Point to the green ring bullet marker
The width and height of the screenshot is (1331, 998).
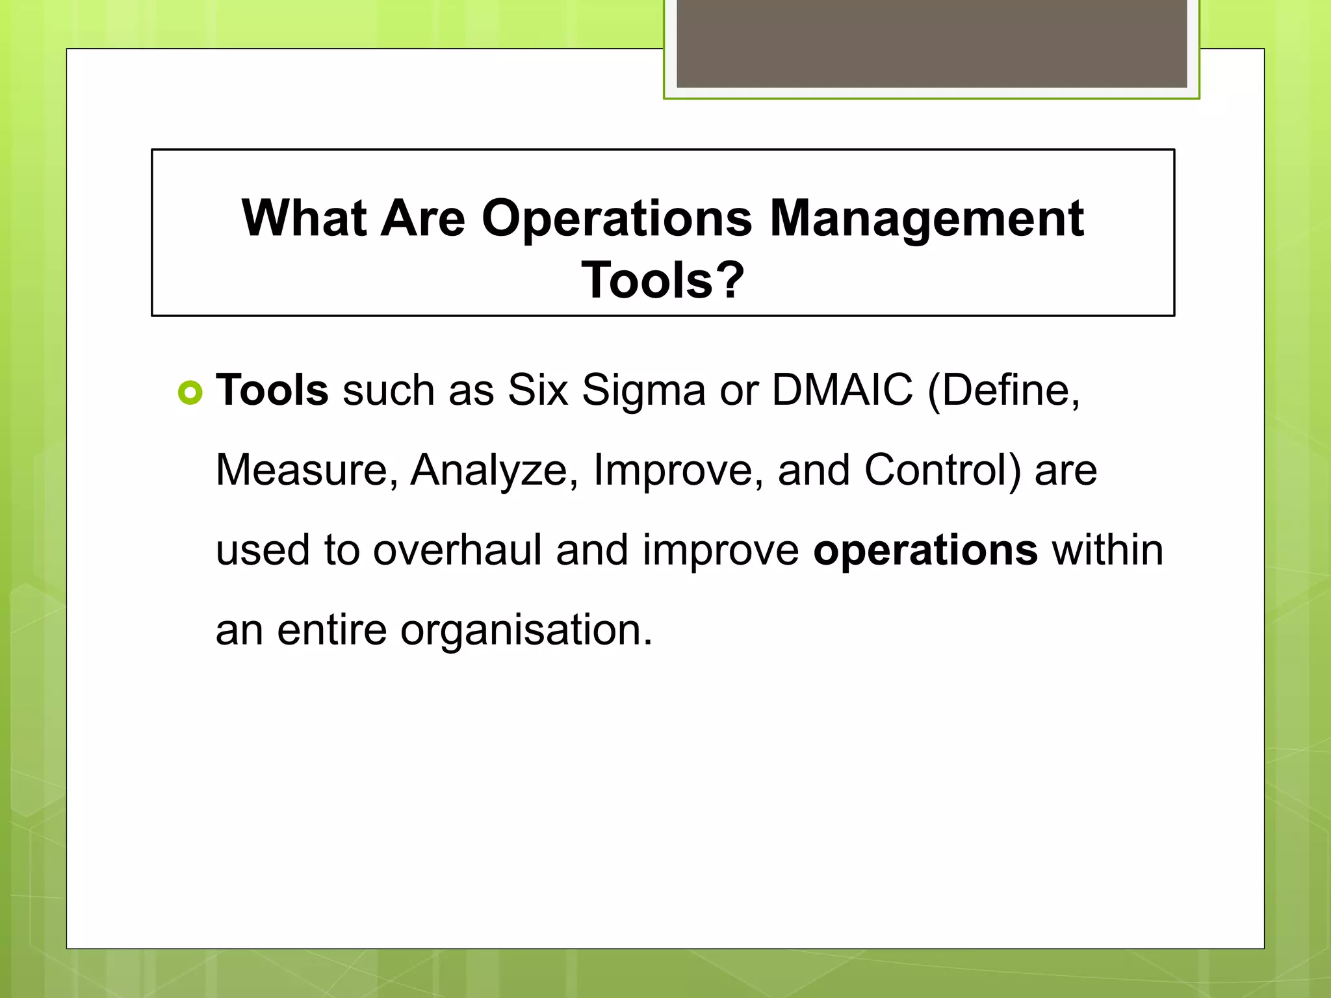tap(190, 392)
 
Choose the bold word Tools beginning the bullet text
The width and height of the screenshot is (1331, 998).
tap(272, 390)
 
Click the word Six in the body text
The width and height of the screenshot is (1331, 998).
tap(537, 390)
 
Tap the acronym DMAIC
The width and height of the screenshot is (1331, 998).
tap(842, 390)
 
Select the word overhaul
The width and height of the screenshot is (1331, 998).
tap(457, 550)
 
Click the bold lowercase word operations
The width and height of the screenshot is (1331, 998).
tap(925, 551)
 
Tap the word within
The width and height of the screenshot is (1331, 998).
tap(1107, 550)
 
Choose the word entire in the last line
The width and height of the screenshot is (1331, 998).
tap(331, 630)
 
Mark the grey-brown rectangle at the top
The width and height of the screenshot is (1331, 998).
tap(931, 43)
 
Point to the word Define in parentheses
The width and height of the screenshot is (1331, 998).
tap(1003, 390)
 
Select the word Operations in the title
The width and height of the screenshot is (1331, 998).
tap(617, 220)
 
